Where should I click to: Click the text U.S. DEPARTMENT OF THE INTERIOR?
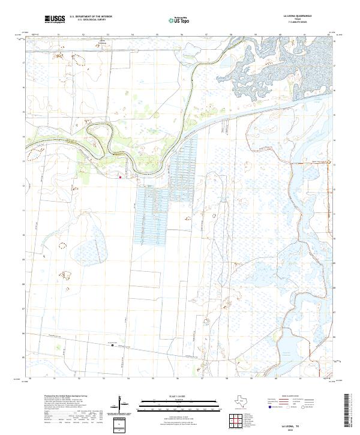coord(91,17)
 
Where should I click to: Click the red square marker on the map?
coord(120,177)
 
